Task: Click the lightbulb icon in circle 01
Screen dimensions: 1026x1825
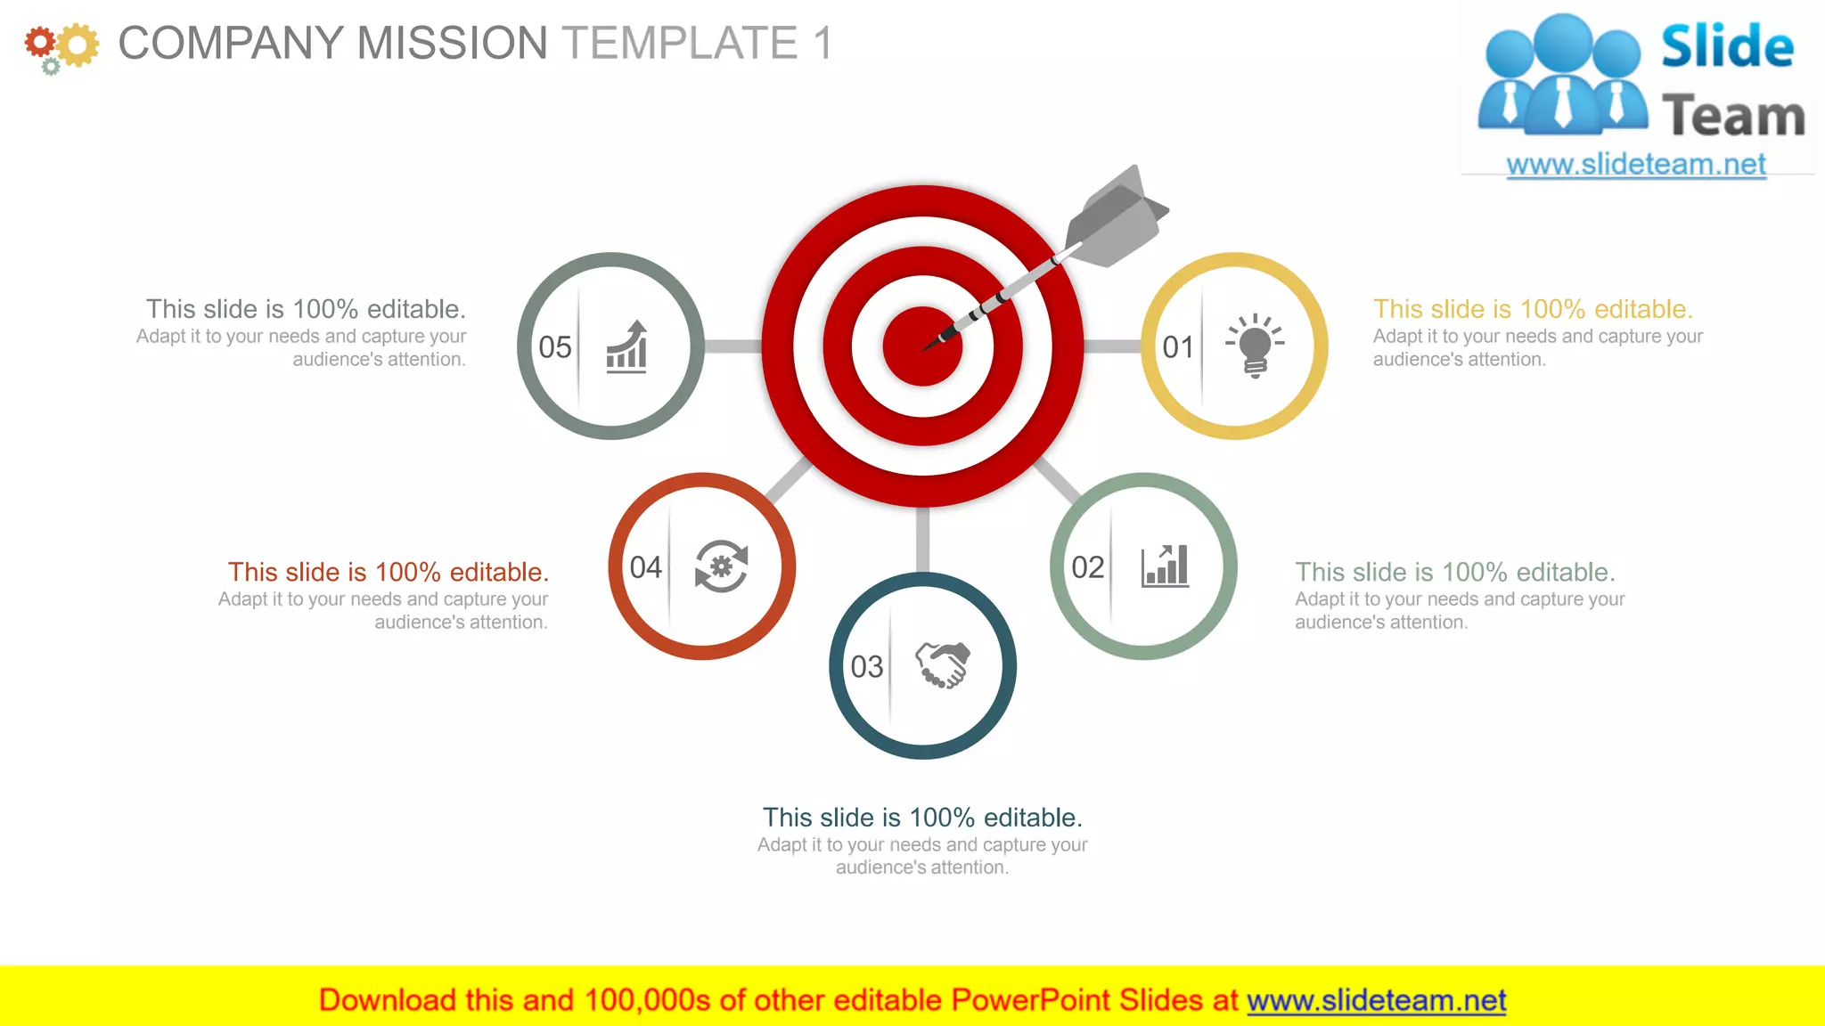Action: point(1255,346)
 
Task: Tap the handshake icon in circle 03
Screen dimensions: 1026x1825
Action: point(943,665)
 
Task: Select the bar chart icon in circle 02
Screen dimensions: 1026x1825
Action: point(1165,566)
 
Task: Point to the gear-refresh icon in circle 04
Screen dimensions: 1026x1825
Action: point(721,566)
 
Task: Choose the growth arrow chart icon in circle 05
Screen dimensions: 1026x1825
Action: point(627,346)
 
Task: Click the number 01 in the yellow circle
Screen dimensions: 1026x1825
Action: point(1178,347)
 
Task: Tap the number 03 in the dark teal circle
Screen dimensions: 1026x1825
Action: point(866,667)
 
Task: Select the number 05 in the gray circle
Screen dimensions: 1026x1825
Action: point(554,347)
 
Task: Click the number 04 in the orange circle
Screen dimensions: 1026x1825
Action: point(645,567)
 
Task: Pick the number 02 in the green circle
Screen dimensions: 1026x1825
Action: point(1087,567)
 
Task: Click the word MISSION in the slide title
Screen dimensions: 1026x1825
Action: point(452,43)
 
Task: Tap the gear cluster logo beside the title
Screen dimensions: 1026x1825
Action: point(61,46)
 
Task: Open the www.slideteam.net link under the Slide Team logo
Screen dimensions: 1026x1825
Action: point(1636,165)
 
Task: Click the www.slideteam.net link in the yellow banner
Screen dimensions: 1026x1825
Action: point(1376,1000)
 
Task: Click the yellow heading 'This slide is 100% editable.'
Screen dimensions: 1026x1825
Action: point(1532,309)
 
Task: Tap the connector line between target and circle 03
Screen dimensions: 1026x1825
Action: point(922,540)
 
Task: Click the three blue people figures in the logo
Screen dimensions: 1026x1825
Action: point(1561,76)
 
